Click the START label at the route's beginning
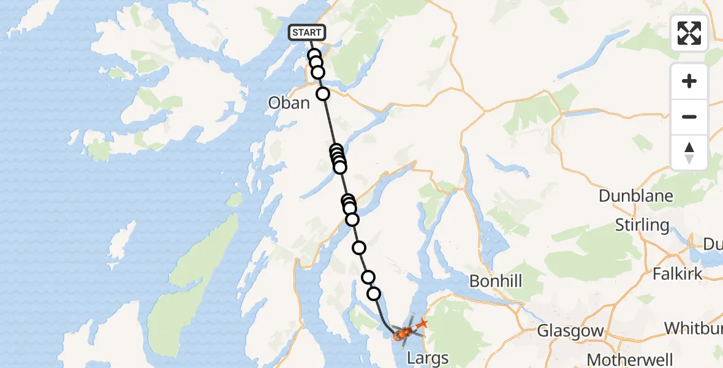pos(306,33)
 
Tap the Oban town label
pos(289,102)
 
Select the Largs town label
pos(428,358)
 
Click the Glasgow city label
pos(570,331)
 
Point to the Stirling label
pos(642,224)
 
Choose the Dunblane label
pos(636,196)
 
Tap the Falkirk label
pos(678,274)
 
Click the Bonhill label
pos(496,281)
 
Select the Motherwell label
pos(629,359)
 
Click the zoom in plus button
pos(689,81)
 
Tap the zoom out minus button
pos(689,117)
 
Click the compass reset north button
pos(689,152)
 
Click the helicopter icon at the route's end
pos(401,333)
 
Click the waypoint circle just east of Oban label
pos(322,94)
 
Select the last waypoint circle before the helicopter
pos(374,294)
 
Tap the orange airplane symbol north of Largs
pos(422,323)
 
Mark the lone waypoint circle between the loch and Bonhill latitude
pos(359,248)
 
